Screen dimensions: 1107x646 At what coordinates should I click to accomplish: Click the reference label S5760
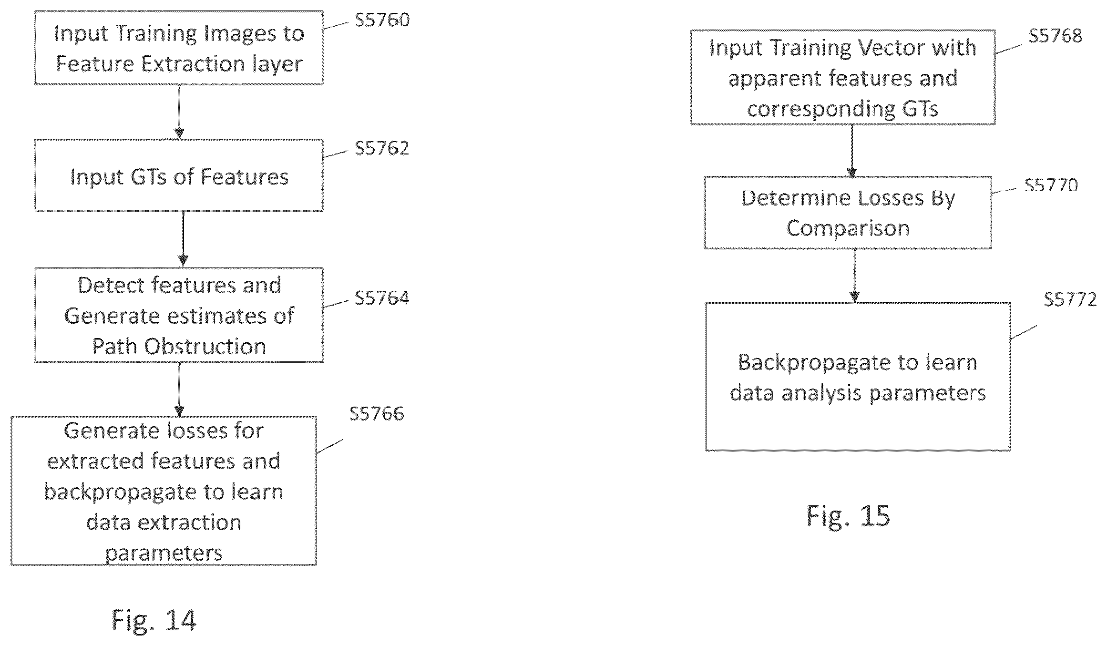(382, 20)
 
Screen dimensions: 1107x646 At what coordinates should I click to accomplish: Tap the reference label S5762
(382, 148)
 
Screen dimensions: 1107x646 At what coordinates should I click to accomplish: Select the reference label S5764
(382, 298)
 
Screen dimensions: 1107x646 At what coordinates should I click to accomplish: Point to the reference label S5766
(377, 413)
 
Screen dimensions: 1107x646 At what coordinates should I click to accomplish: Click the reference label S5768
(1055, 36)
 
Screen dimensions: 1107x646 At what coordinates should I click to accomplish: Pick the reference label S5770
(1051, 185)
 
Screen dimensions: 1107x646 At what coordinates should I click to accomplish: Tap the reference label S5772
(1070, 299)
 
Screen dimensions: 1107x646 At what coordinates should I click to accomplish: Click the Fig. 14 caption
(154, 620)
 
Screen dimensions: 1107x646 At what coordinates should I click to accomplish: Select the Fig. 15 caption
(848, 516)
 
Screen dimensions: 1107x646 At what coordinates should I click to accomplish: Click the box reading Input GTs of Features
(179, 175)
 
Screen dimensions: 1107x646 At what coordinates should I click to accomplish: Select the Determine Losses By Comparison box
(848, 213)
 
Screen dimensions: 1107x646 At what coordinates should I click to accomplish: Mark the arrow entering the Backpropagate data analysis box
(854, 276)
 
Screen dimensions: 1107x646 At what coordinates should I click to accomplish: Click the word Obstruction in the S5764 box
(205, 347)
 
